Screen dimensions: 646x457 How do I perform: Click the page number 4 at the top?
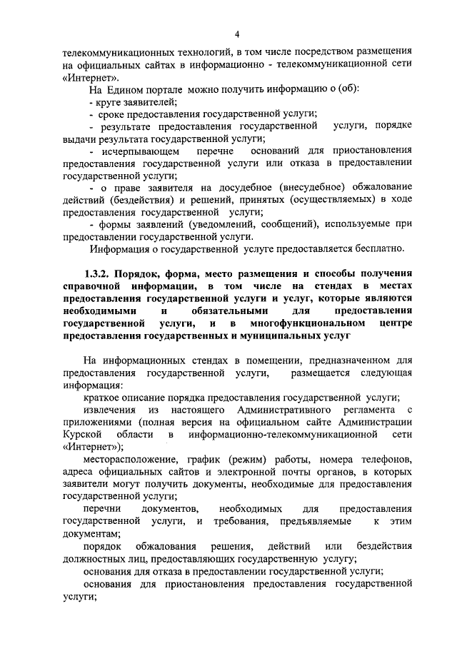click(x=237, y=34)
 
